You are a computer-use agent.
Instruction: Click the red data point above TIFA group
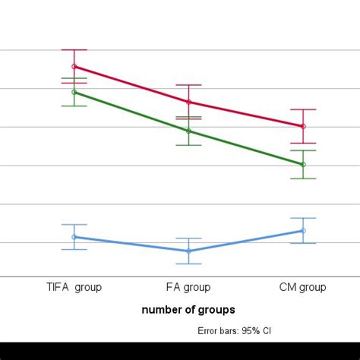[x=74, y=66]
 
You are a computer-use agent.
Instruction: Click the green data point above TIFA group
[x=74, y=92]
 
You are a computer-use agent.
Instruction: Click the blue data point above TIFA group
[x=74, y=237]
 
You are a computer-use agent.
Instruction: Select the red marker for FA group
[x=188, y=102]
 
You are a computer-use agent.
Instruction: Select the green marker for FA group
[x=188, y=131]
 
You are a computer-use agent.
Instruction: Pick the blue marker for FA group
[x=188, y=251]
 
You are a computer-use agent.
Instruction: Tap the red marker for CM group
[x=303, y=126]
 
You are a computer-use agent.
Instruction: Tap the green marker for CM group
[x=303, y=164]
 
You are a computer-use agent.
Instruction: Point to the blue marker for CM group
[x=303, y=231]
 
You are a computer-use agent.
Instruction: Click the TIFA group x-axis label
[x=74, y=287]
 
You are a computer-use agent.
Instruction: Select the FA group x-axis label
[x=188, y=287]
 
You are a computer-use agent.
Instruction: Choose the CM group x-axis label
[x=303, y=287]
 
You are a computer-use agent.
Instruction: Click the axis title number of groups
[x=188, y=309]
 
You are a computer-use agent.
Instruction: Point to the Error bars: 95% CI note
[x=234, y=331]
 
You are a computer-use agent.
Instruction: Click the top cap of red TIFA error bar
[x=74, y=49]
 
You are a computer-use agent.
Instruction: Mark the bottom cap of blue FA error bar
[x=188, y=264]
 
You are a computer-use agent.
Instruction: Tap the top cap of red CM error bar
[x=303, y=109]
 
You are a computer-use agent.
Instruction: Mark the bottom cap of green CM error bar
[x=303, y=178]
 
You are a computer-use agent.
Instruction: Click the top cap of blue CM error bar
[x=303, y=218]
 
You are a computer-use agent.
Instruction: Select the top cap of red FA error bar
[x=188, y=85]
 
